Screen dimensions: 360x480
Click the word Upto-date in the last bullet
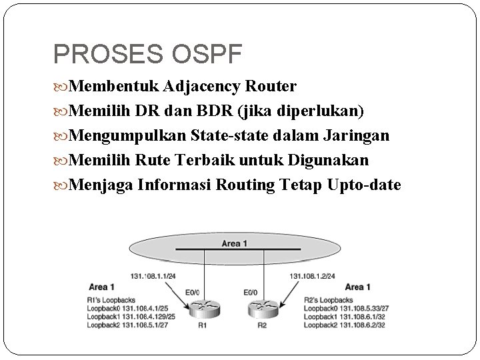pyautogui.click(x=365, y=185)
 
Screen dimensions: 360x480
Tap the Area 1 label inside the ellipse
pyautogui.click(x=234, y=244)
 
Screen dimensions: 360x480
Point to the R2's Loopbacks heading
pyautogui.click(x=329, y=300)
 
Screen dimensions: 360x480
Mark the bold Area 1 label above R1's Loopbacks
pyautogui.click(x=102, y=287)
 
